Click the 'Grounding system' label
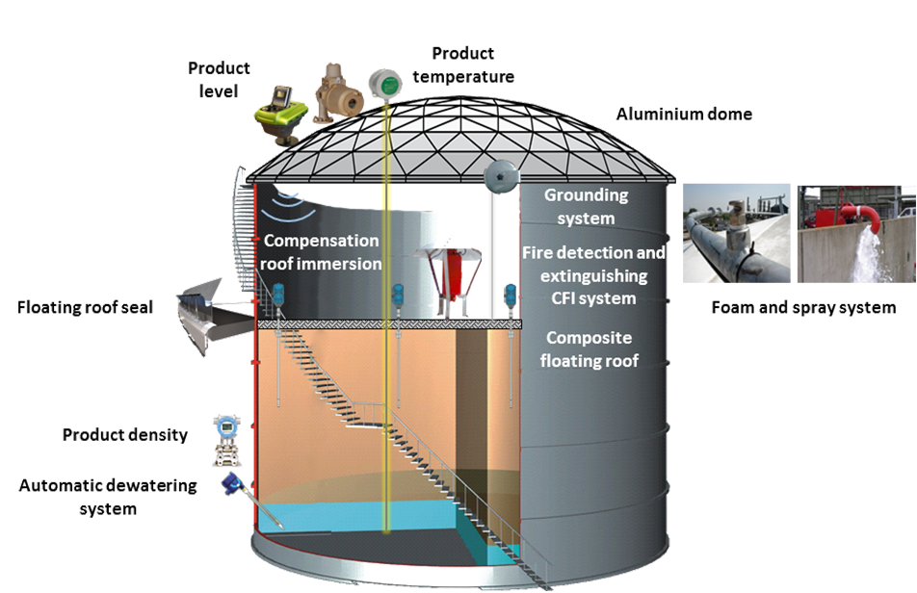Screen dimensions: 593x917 pos(586,206)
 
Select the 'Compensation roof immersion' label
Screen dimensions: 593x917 pos(322,251)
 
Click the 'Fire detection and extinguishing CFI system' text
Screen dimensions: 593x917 pos(592,275)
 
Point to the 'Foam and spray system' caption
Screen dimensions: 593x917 pos(803,308)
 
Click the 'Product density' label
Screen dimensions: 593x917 pos(125,435)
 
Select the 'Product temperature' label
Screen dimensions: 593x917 pos(471,64)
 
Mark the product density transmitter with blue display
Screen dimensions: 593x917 pos(227,429)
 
